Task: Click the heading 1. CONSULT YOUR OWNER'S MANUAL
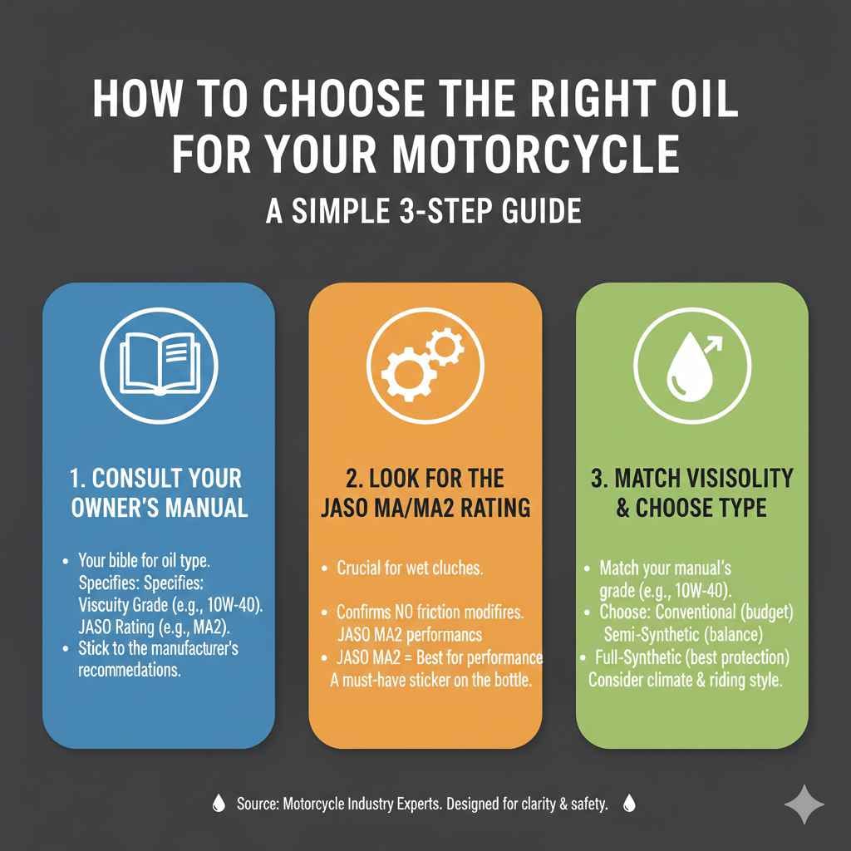click(159, 493)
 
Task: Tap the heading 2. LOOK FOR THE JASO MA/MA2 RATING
click(425, 493)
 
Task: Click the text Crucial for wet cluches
click(411, 569)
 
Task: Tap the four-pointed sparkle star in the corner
click(804, 804)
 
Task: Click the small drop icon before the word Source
click(219, 804)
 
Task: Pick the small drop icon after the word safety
click(629, 804)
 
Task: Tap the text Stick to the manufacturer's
click(158, 647)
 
